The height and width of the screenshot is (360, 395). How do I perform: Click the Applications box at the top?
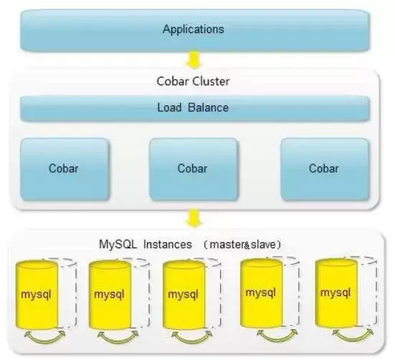tap(195, 30)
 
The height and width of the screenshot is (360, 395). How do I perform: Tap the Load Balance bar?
tap(195, 108)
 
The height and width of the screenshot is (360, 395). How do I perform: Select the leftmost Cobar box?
tap(65, 169)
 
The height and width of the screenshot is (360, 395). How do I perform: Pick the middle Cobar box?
tap(194, 169)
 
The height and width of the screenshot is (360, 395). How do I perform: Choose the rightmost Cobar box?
tap(325, 169)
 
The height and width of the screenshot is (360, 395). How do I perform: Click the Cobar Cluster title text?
tap(193, 81)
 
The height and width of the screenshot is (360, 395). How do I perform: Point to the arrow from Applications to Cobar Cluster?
tap(194, 60)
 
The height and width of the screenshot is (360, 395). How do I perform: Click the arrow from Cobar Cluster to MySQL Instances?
tap(194, 219)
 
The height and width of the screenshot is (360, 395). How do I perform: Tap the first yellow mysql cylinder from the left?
tap(37, 295)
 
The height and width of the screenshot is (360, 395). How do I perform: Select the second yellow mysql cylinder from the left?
tap(110, 295)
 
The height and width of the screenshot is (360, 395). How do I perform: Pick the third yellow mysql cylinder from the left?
tap(184, 295)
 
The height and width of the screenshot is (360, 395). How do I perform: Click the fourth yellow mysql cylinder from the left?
tap(261, 293)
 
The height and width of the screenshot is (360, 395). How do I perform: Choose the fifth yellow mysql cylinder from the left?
tap(336, 293)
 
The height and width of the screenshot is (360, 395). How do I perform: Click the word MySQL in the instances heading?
tap(118, 245)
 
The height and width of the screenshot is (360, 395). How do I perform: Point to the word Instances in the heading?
tap(168, 245)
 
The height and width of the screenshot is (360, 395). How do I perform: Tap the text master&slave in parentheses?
tap(245, 245)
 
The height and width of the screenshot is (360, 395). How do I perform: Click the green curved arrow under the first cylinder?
tap(44, 341)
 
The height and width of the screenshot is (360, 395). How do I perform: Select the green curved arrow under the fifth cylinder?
tap(353, 338)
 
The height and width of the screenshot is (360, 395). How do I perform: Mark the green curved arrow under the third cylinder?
tap(191, 341)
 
